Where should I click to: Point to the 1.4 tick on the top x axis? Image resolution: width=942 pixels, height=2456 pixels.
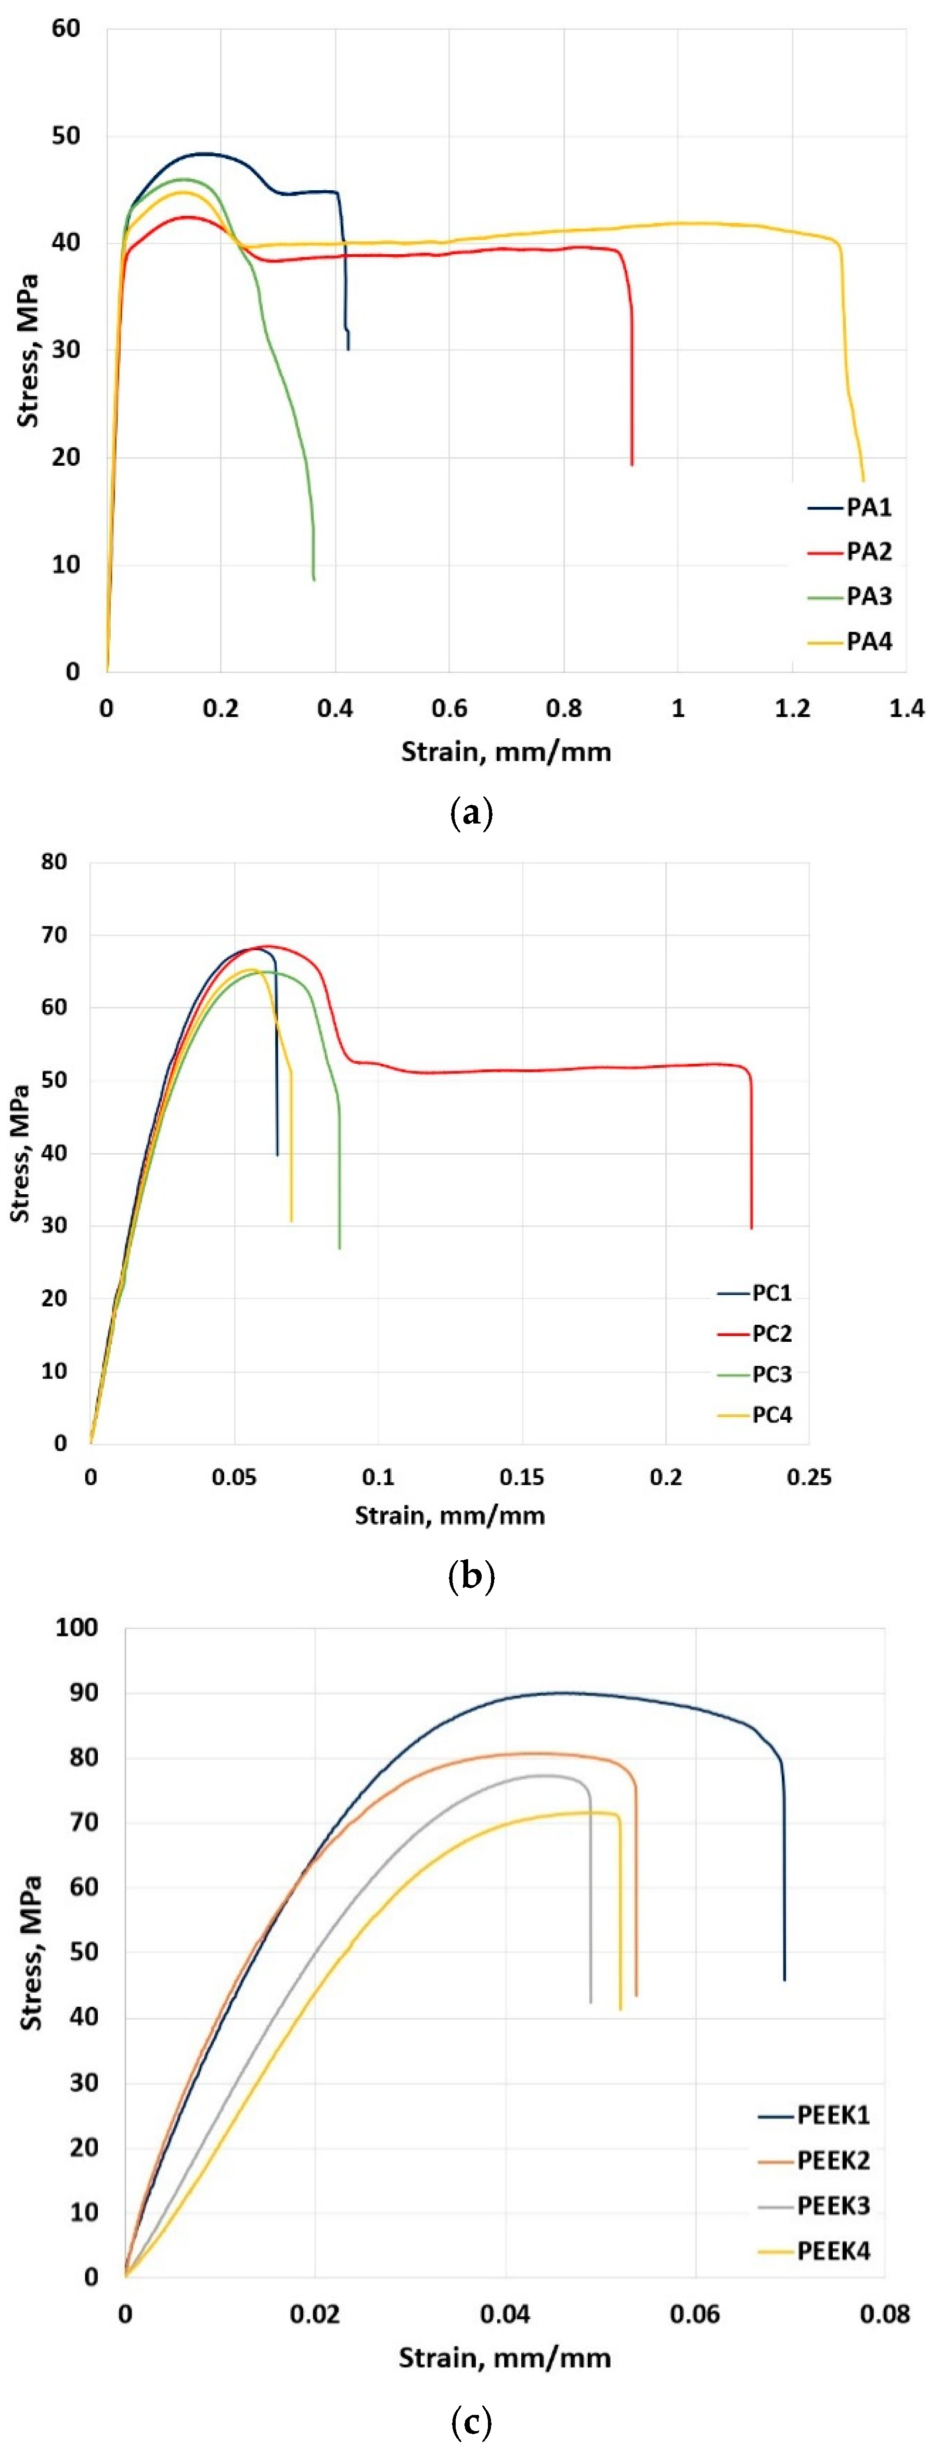pos(906,709)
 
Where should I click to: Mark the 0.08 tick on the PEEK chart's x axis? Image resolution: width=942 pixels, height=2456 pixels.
pos(884,2314)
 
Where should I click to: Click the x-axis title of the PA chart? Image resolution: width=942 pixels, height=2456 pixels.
pos(505,752)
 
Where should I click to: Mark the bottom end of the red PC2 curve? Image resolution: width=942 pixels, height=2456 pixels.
pos(751,1228)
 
